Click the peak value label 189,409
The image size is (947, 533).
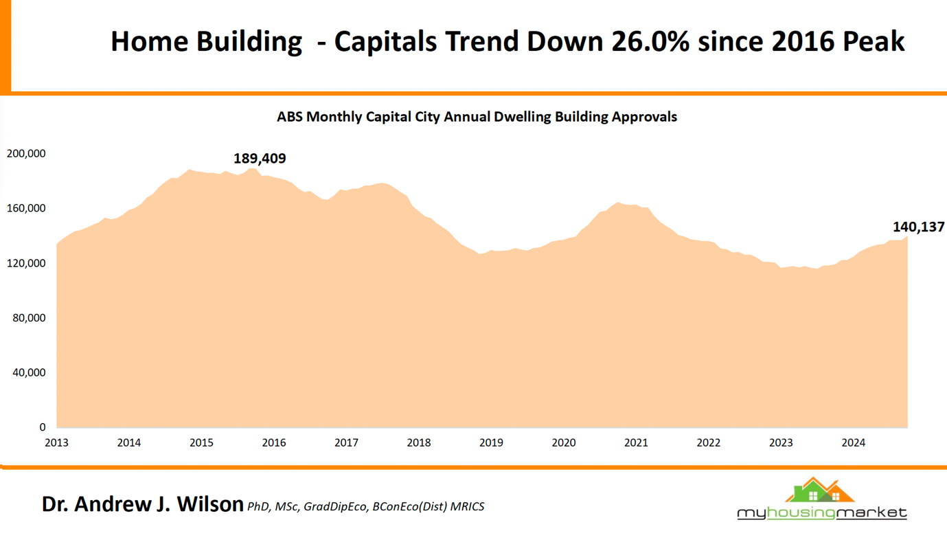click(x=260, y=159)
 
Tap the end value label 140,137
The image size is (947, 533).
click(x=918, y=227)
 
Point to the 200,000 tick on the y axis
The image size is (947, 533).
click(x=26, y=154)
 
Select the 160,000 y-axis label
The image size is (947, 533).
click(x=26, y=209)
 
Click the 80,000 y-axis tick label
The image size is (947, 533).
click(x=29, y=318)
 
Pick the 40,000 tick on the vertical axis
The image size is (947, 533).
click(x=29, y=373)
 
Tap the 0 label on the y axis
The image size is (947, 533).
click(x=43, y=427)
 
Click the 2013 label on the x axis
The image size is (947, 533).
click(x=56, y=443)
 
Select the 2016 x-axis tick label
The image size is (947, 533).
click(x=274, y=443)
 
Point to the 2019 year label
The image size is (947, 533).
click(x=491, y=443)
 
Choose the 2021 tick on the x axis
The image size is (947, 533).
click(x=636, y=443)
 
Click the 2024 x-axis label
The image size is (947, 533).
click(x=854, y=443)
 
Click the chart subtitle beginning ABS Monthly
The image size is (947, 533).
click(x=477, y=117)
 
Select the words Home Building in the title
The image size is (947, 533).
click(x=206, y=42)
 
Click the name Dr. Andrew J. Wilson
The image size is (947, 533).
click(x=142, y=504)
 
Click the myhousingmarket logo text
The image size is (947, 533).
click(x=822, y=513)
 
